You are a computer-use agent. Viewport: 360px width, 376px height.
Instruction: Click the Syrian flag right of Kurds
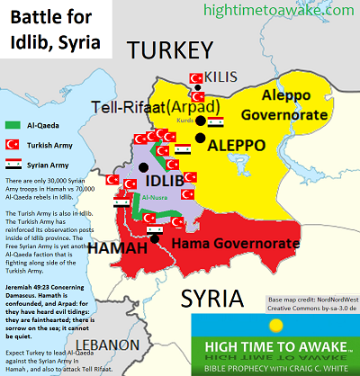[x=216, y=121]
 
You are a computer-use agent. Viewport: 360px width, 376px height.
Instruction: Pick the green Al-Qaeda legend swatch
[x=13, y=125]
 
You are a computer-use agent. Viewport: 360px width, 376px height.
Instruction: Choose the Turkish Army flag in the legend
[x=13, y=144]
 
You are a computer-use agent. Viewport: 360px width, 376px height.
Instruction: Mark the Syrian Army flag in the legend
[x=13, y=164]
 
